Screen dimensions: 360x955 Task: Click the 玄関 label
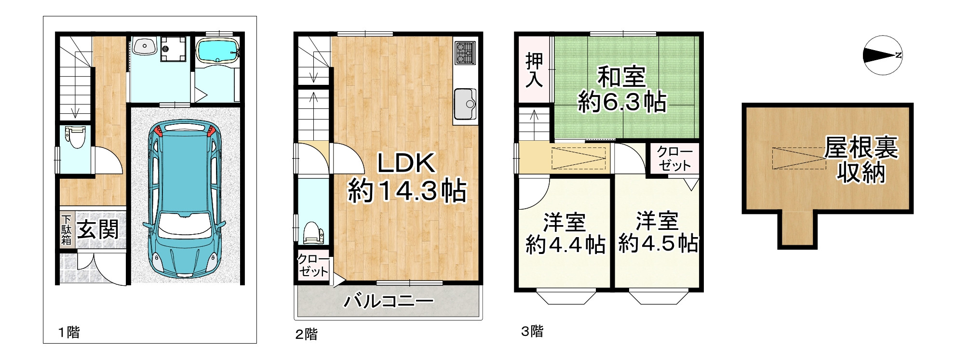[x=98, y=229]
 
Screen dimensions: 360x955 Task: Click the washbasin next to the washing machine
[x=143, y=47]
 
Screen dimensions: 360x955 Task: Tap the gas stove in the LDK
[x=465, y=53]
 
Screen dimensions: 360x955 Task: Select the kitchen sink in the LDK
[x=464, y=105]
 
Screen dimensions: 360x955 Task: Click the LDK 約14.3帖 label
[x=406, y=177]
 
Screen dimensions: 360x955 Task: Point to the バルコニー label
[x=388, y=302]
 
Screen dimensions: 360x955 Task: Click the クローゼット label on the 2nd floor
[x=313, y=266]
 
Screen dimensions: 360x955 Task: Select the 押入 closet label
[x=534, y=70]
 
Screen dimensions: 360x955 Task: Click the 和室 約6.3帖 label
[x=622, y=90]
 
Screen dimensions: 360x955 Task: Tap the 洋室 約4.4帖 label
[x=565, y=233]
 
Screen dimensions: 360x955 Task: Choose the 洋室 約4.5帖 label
[x=658, y=232]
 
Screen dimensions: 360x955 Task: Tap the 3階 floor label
[x=532, y=332]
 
